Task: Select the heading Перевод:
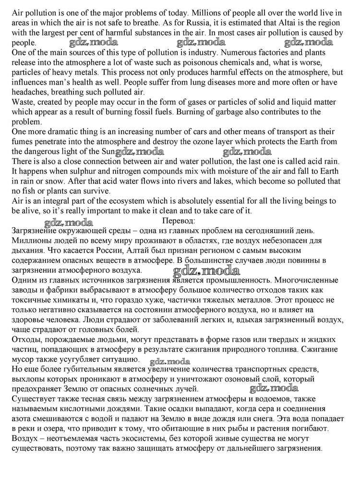click(x=179, y=221)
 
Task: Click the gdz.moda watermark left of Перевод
click(x=69, y=222)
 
